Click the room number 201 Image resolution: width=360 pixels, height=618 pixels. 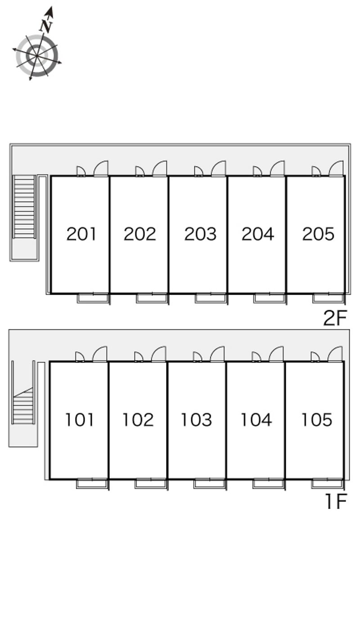coord(81,234)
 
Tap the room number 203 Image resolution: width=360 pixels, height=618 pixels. coord(200,234)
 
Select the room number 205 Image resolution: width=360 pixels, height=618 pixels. coord(318,234)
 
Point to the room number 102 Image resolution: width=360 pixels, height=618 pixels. coord(138,420)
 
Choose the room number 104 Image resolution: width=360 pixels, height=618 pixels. coord(256,420)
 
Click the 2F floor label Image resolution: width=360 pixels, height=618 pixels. coord(335,318)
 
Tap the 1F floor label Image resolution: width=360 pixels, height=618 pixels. coord(336,501)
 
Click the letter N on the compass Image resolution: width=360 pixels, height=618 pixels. coord(46,26)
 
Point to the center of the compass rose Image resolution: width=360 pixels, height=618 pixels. coord(37,56)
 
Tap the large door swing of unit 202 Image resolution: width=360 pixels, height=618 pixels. coord(159,168)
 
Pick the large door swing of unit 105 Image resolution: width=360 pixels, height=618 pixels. coord(335,354)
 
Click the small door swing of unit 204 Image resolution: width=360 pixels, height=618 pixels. coord(257,171)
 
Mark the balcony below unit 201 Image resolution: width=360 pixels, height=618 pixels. coord(93,298)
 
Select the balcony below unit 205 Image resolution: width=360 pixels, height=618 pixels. coord(329,298)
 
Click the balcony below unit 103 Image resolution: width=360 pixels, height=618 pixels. coord(210,484)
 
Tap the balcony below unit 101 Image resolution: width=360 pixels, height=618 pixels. coord(92,484)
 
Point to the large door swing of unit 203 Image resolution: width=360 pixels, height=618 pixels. coord(219,168)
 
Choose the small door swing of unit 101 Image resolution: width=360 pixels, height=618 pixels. coord(80,357)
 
